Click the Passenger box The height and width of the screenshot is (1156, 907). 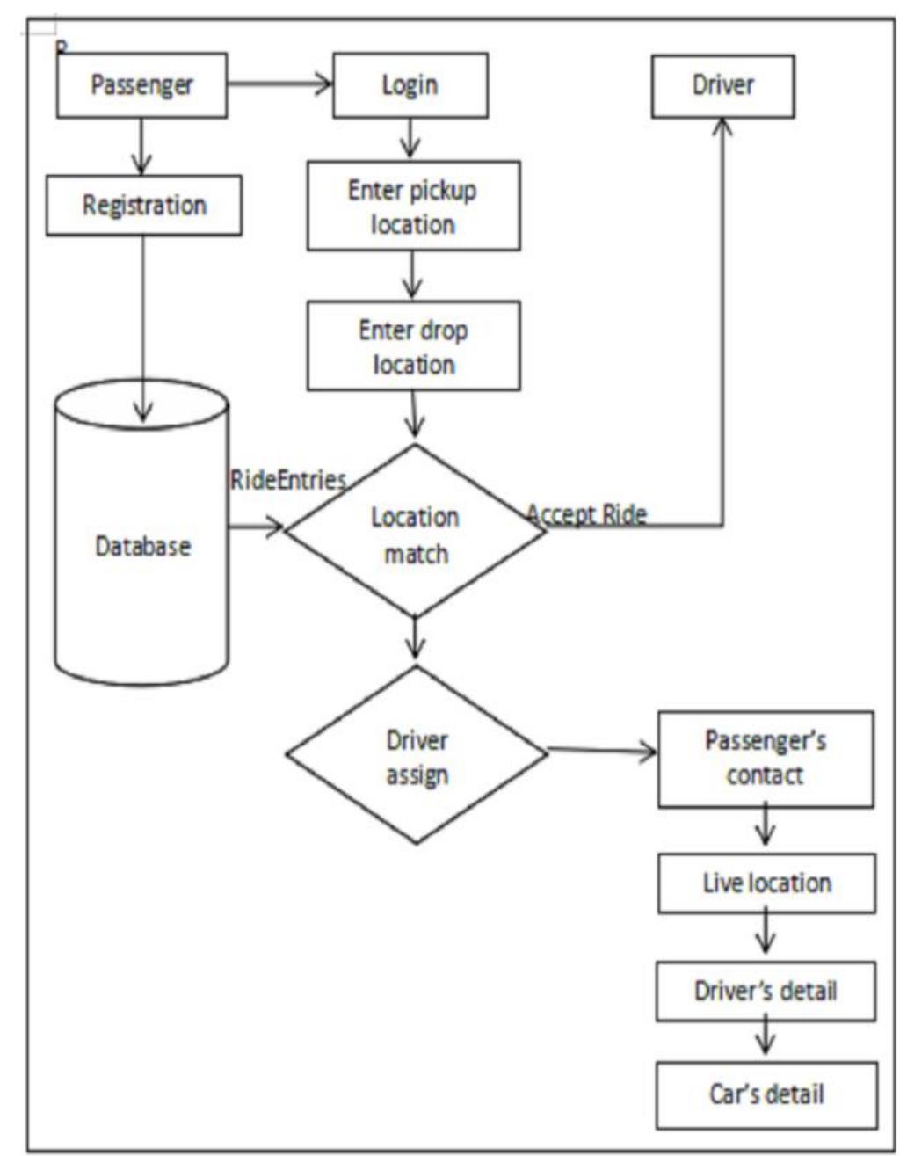click(x=141, y=85)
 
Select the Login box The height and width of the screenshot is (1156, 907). click(x=410, y=85)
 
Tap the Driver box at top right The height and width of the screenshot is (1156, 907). click(x=722, y=85)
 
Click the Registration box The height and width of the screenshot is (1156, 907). click(x=143, y=205)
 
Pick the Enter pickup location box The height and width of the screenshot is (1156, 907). click(x=413, y=206)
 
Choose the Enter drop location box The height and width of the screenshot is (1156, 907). click(x=413, y=345)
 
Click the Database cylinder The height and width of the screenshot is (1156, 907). click(x=142, y=545)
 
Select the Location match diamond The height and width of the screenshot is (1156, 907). click(x=415, y=533)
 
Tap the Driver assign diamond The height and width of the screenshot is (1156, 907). click(x=417, y=756)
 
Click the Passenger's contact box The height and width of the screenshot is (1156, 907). click(x=766, y=759)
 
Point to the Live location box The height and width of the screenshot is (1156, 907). click(x=766, y=883)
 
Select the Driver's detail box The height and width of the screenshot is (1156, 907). click(x=766, y=991)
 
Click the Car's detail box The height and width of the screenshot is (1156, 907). click(x=766, y=1094)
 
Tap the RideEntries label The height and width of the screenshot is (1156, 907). click(x=287, y=480)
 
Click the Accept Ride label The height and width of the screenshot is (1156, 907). click(x=586, y=513)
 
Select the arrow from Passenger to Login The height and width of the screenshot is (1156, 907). click(x=279, y=84)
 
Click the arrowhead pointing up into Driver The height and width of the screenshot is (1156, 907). click(x=722, y=128)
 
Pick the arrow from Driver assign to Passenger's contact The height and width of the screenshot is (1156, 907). click(x=602, y=752)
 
